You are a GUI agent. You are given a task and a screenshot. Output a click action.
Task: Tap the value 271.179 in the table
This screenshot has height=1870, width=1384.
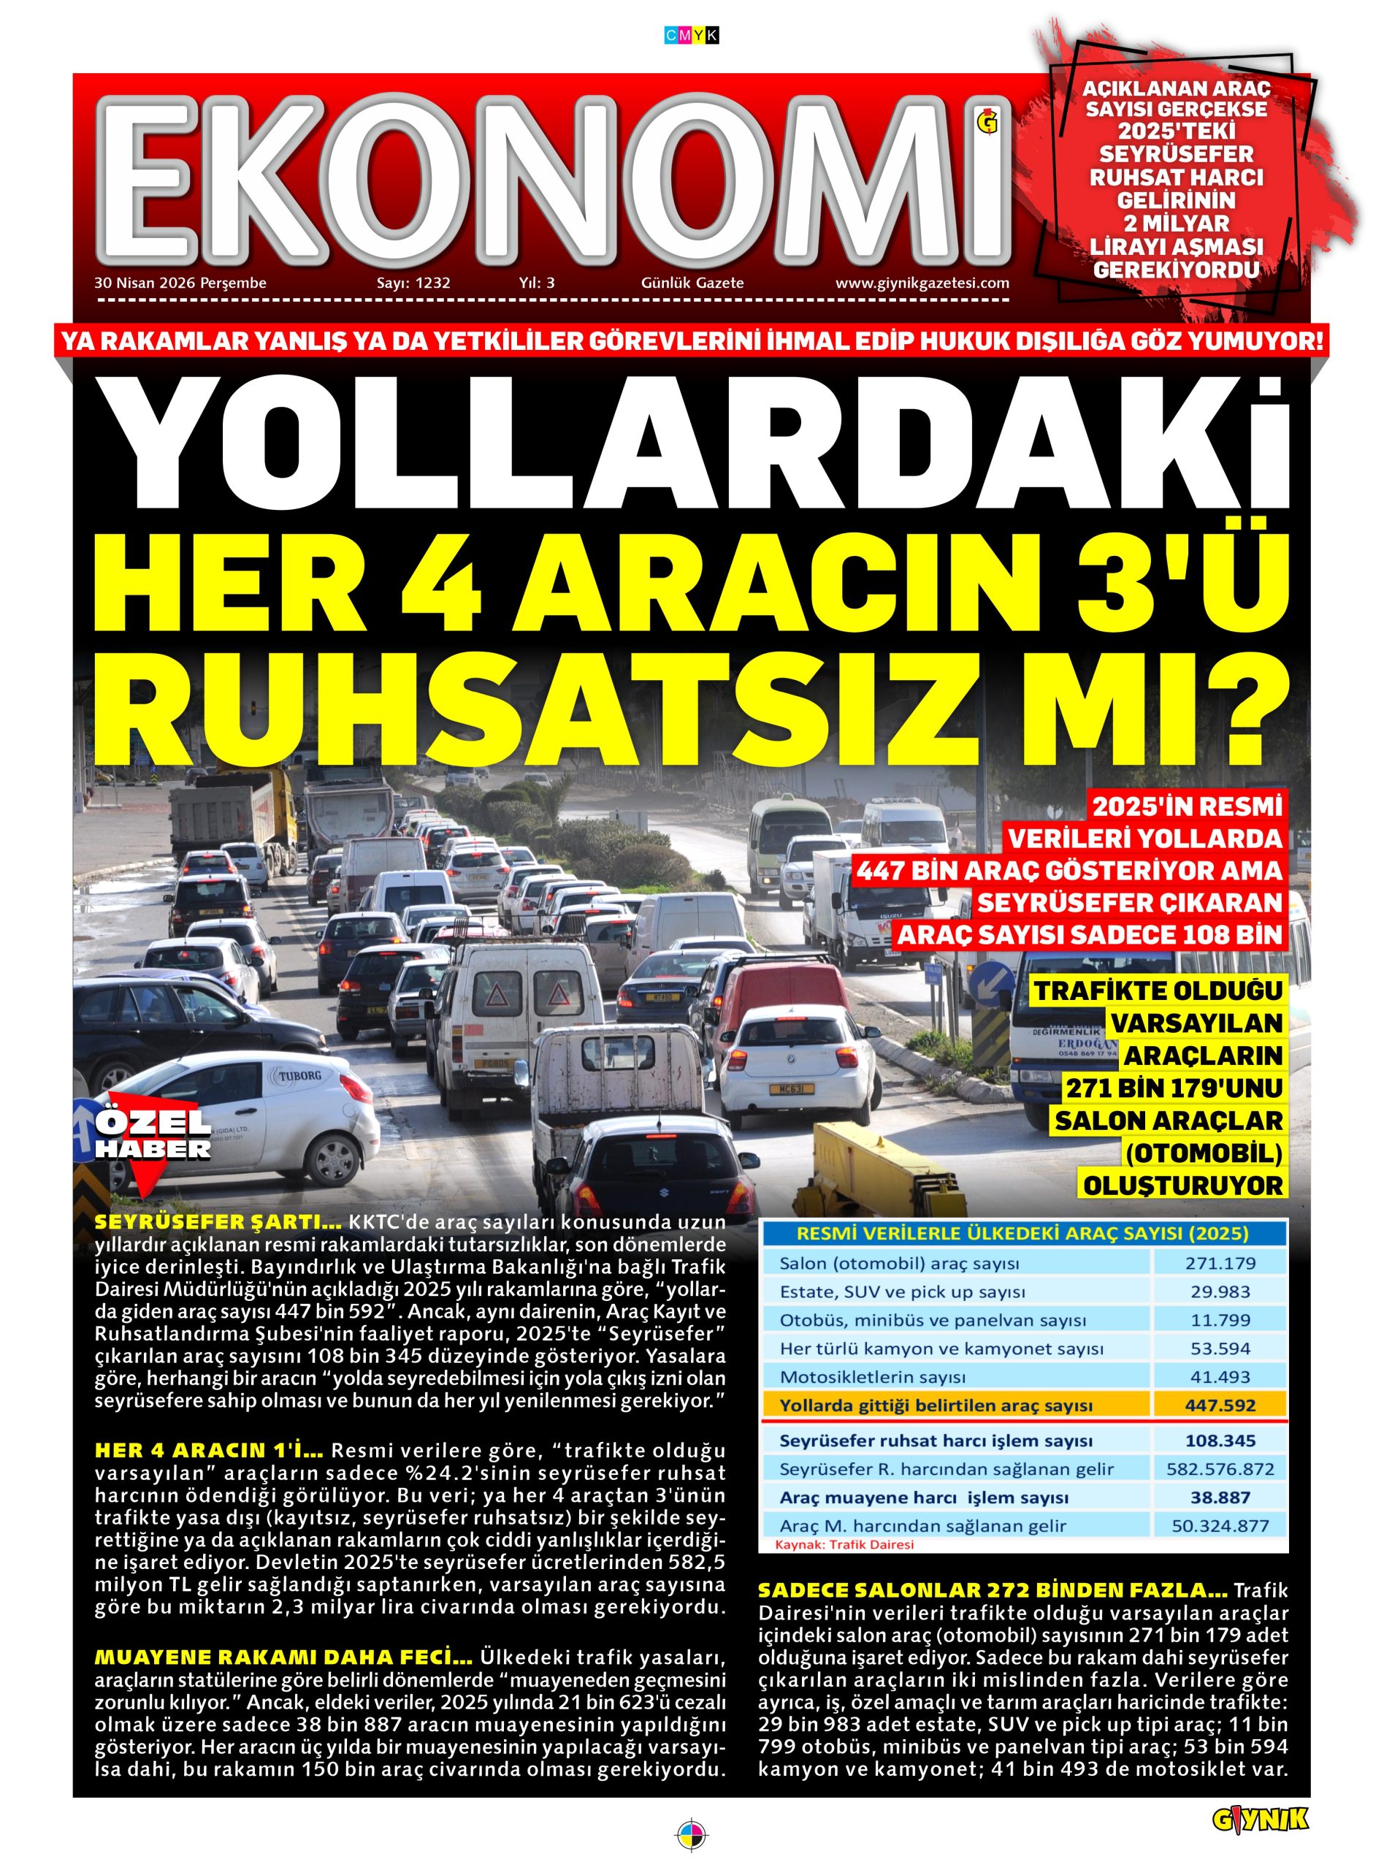(1219, 1262)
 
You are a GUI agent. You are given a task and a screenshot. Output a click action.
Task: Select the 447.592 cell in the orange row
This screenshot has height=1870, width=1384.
(1219, 1405)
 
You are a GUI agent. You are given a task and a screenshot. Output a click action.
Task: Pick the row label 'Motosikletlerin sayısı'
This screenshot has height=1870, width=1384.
(872, 1376)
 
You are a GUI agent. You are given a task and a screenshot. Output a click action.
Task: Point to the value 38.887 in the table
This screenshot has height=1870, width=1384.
(1219, 1497)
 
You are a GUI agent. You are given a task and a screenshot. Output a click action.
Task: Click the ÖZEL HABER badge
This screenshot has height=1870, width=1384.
(153, 1136)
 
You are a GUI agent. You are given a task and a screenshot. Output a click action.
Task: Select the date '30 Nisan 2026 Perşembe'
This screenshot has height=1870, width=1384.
(180, 283)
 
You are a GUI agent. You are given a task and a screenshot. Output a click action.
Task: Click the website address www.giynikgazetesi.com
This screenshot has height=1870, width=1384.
(922, 283)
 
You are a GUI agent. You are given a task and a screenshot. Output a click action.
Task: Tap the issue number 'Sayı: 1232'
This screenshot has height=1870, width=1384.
(413, 283)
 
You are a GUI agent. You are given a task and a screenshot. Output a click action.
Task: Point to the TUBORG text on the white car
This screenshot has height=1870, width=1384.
(299, 1075)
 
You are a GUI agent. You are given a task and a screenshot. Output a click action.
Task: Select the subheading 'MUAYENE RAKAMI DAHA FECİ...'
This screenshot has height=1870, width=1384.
(283, 1657)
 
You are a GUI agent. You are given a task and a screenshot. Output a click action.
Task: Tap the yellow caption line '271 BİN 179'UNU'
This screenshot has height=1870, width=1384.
(1173, 1088)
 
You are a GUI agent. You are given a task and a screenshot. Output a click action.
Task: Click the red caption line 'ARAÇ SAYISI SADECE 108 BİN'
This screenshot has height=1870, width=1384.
(1090, 935)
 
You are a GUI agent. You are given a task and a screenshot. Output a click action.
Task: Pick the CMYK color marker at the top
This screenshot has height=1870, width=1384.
(691, 35)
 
